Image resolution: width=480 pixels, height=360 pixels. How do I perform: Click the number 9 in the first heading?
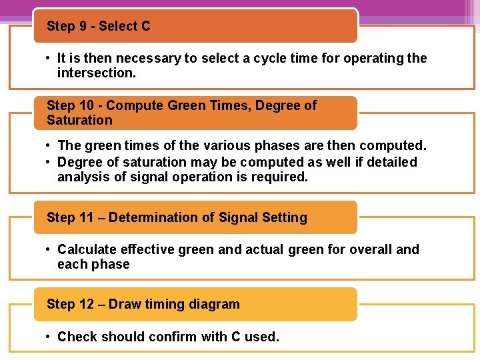(84, 27)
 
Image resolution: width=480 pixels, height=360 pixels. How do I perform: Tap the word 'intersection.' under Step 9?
(97, 73)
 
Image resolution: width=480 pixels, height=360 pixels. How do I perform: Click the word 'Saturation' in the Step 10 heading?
(79, 120)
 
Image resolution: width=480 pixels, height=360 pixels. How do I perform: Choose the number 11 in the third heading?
(87, 217)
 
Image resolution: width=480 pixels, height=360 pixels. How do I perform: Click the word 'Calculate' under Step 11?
(85, 249)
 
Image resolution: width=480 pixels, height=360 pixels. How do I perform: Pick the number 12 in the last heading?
(87, 304)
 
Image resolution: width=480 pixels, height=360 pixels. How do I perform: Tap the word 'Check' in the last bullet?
(77, 337)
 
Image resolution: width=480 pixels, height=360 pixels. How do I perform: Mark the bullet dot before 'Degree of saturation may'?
(49, 162)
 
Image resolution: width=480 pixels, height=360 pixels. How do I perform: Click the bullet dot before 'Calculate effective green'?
(49, 249)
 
